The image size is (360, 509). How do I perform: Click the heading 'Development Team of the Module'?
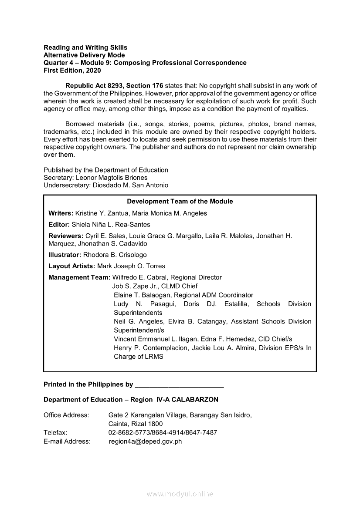180,202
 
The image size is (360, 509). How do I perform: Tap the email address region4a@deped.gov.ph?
145,442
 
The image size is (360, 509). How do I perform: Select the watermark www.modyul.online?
180,494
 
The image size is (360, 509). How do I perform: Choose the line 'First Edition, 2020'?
72,71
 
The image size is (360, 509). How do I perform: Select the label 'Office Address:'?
66,415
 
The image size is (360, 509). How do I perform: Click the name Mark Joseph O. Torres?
131,266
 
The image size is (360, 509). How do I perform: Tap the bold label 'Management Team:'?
79,277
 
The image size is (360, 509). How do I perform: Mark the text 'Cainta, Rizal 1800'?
136,424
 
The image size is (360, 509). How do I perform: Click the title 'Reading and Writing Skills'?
85,47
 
